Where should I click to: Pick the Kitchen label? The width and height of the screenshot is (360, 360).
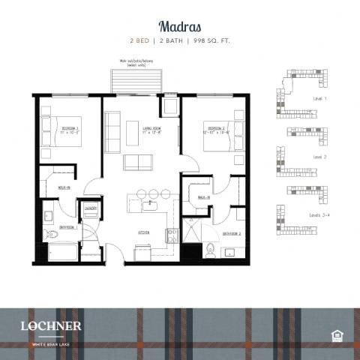point(142,232)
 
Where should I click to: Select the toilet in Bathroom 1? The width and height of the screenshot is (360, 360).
point(52,235)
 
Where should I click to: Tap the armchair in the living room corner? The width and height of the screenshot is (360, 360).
point(169,106)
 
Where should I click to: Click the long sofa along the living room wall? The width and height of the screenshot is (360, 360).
point(112,132)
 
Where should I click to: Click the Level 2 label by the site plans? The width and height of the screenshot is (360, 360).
point(316,157)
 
